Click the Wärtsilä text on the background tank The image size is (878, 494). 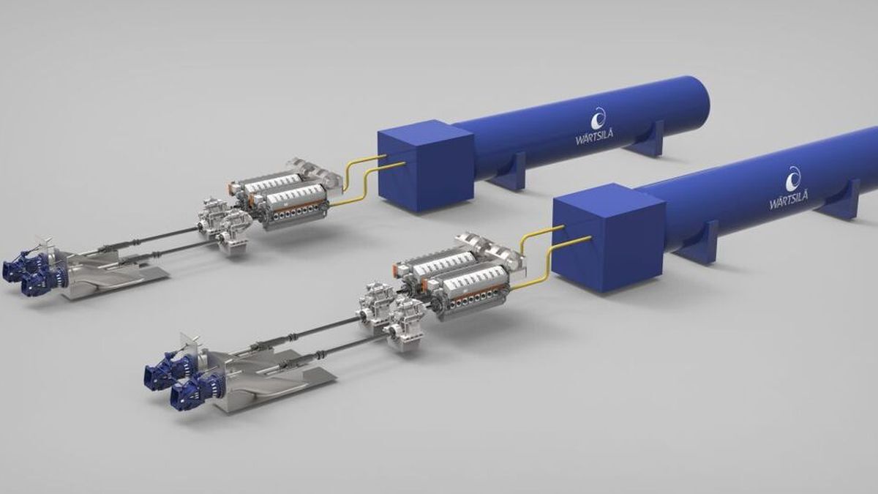tap(594, 138)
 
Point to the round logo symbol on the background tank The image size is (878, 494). tap(599, 119)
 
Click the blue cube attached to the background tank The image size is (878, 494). tap(426, 165)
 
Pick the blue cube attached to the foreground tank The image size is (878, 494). tap(608, 238)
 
